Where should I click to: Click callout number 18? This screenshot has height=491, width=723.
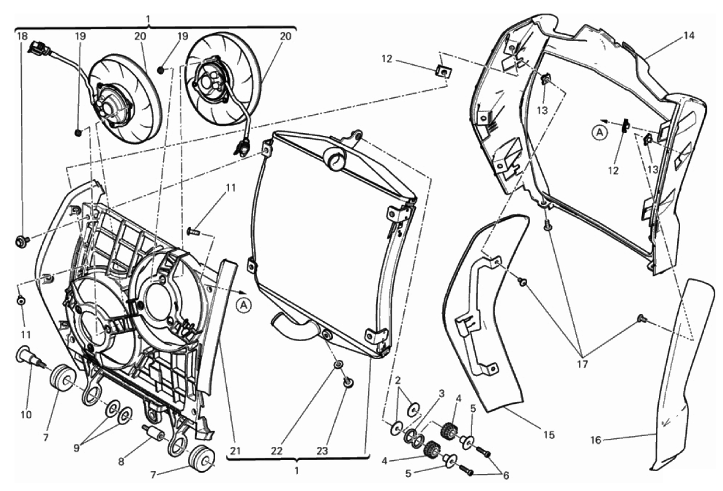[22, 36]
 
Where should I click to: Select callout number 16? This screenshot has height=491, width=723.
[595, 440]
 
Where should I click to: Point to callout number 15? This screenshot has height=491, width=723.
[549, 435]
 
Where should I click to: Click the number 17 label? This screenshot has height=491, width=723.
[582, 364]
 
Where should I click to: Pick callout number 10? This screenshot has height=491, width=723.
[26, 414]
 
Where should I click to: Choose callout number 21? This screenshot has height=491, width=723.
[236, 451]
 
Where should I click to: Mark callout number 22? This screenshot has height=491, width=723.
[277, 451]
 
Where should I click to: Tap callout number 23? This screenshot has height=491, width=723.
[322, 451]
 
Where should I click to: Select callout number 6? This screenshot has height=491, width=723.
[506, 475]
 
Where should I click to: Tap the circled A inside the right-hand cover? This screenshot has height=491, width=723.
[600, 133]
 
